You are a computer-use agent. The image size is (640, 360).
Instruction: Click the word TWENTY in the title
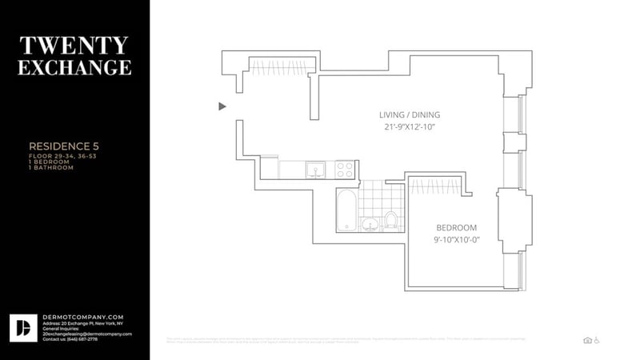[74, 45]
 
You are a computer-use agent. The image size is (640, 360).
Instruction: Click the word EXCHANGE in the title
[74, 67]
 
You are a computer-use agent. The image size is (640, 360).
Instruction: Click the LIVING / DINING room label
[410, 114]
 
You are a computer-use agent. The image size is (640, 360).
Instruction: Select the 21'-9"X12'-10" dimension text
[410, 126]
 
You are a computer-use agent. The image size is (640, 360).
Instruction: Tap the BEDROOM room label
[457, 227]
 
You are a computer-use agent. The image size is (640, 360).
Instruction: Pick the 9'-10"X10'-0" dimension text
[457, 239]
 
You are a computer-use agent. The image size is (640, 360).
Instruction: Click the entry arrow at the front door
[223, 106]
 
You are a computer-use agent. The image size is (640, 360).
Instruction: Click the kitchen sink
[317, 170]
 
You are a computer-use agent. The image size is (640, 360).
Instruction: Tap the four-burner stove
[345, 170]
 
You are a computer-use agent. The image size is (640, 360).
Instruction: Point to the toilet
[392, 218]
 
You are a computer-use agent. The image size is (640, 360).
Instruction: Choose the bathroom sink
[370, 223]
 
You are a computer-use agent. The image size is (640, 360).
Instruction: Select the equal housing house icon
[587, 340]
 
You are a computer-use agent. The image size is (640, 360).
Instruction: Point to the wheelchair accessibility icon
[597, 340]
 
